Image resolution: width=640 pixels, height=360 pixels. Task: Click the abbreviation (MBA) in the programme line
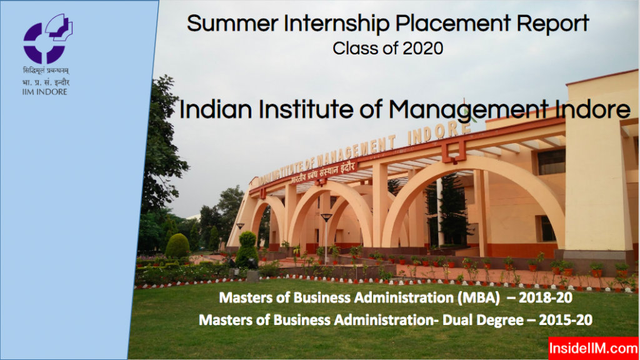(466, 299)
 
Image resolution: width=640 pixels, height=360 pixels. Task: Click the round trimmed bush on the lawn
(177, 246)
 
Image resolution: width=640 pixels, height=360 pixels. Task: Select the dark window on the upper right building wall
(551, 162)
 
